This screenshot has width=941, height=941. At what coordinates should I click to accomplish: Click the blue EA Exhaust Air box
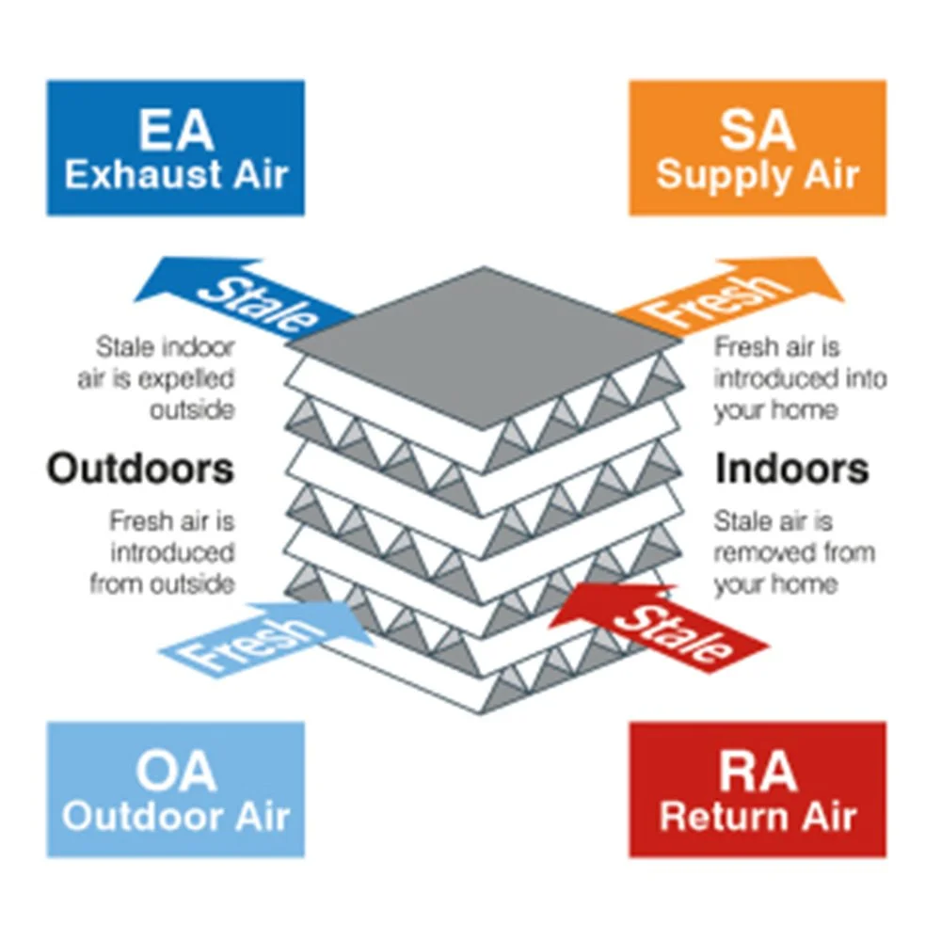pos(175,148)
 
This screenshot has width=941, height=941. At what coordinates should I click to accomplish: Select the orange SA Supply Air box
pos(758,148)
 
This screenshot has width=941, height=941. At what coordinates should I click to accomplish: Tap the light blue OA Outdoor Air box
pos(175,789)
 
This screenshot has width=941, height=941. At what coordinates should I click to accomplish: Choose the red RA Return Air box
pos(758,789)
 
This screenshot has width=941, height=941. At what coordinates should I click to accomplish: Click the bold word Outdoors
pos(140,468)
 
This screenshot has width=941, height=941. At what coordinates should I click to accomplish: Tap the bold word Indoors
pos(792,469)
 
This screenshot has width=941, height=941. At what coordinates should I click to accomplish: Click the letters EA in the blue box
pos(176,130)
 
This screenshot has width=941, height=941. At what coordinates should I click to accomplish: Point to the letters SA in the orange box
pos(758,130)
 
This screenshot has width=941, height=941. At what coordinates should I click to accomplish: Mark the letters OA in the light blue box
pos(176,772)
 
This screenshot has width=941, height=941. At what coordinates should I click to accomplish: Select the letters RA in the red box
pos(758,772)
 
